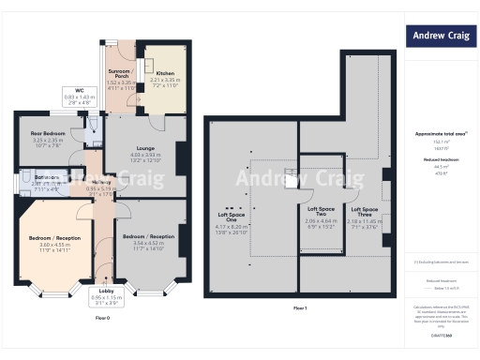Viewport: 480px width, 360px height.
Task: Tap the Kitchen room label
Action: tap(164, 73)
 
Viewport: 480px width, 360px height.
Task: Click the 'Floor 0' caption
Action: tap(103, 318)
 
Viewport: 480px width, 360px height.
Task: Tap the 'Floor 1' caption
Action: tap(299, 307)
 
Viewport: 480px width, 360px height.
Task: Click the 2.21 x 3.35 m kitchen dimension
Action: tap(164, 80)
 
